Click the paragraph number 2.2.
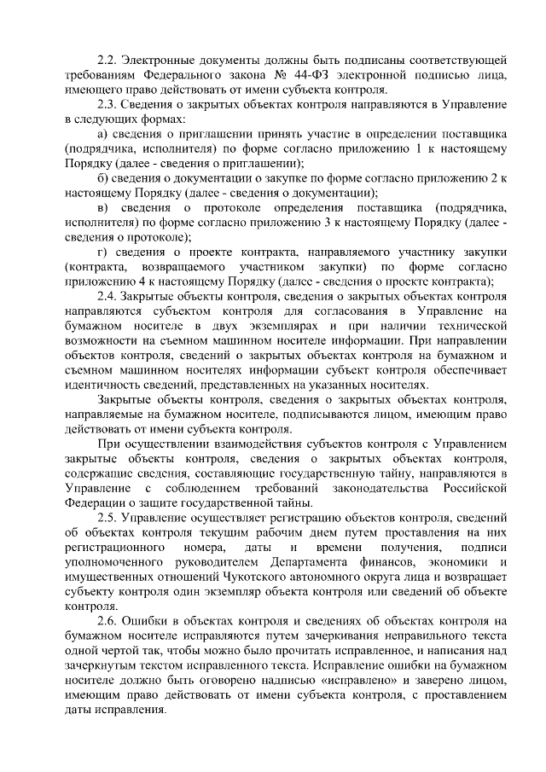coord(107,61)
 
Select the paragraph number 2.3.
coord(107,103)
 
